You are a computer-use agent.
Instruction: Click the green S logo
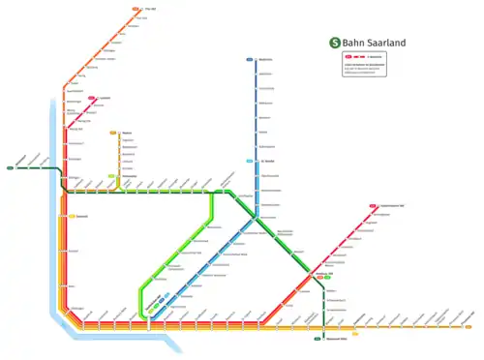[335, 42]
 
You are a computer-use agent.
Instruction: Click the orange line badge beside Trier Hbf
[134, 10]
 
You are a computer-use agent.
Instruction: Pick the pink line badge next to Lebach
[92, 98]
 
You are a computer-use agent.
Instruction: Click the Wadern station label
[126, 133]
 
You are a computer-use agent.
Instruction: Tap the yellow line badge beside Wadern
[114, 133]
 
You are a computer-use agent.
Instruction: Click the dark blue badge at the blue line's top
[250, 60]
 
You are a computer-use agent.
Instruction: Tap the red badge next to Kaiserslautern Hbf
[372, 206]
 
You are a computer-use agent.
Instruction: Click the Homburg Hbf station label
[324, 274]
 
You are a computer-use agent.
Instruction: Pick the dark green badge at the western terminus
[10, 167]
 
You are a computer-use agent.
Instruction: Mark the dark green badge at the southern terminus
[318, 340]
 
